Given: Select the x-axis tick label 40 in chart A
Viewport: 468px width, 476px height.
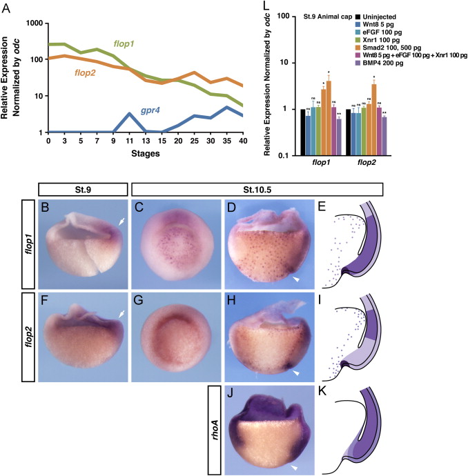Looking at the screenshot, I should pyautogui.click(x=241, y=141).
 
